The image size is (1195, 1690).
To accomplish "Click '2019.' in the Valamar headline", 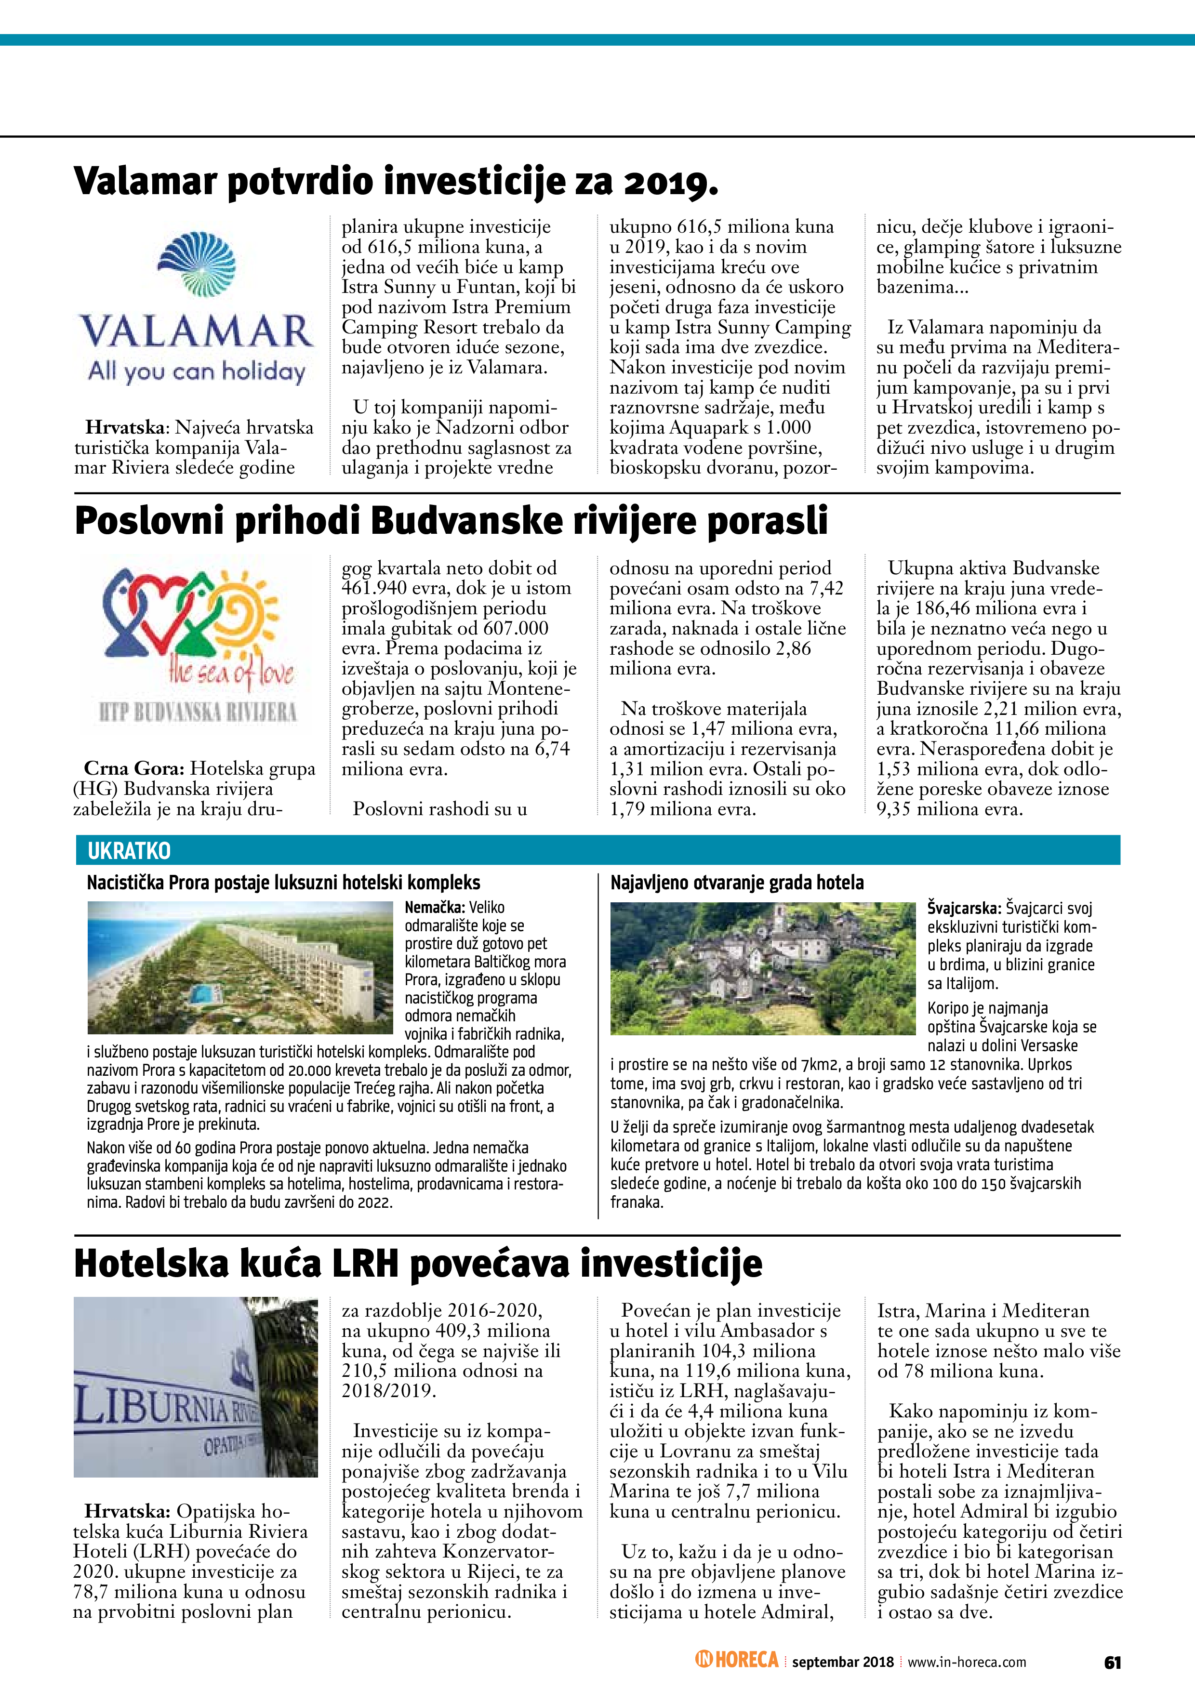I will (x=671, y=181).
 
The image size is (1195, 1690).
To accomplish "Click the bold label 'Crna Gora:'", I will (x=134, y=768).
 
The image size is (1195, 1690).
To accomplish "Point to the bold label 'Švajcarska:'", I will (x=964, y=908).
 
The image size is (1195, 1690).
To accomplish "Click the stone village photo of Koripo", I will (x=762, y=968).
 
